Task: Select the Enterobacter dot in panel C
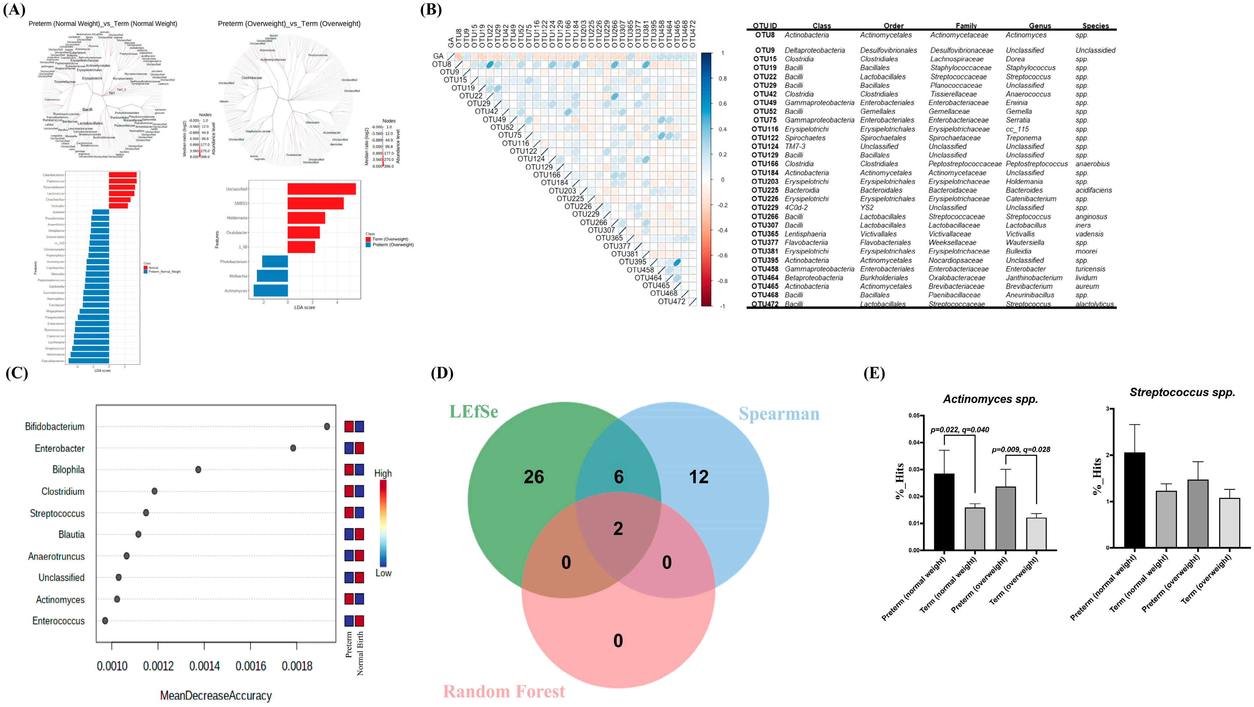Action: point(293,448)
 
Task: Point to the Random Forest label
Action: point(504,691)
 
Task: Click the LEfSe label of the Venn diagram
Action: point(474,412)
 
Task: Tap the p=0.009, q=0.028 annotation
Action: point(1021,450)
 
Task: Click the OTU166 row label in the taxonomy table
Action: point(765,164)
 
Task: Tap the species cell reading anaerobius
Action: point(1092,164)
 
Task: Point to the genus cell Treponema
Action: point(1023,138)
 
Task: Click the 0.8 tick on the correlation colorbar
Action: point(723,78)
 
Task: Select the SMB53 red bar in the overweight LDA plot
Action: point(315,203)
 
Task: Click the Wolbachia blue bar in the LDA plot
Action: point(272,276)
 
